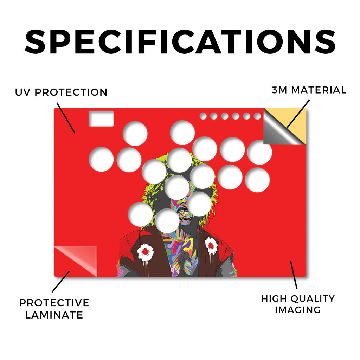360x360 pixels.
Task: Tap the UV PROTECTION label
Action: tap(61, 92)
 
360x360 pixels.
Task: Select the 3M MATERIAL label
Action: tap(309, 90)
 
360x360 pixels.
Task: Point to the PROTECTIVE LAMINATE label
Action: tap(54, 309)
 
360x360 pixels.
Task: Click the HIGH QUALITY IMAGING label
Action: tap(298, 304)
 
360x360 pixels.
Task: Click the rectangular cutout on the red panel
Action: tap(101, 118)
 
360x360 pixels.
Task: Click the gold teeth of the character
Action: tap(186, 213)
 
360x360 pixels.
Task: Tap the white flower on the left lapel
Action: tap(145, 252)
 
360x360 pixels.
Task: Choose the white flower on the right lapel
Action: tap(211, 245)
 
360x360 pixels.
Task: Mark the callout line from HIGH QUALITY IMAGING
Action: tap(294, 275)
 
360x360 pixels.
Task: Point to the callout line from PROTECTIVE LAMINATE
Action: tap(60, 282)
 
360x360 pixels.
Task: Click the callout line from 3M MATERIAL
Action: tap(298, 114)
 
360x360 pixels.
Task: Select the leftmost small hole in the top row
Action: tap(203, 116)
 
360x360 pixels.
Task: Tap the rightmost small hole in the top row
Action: tap(257, 116)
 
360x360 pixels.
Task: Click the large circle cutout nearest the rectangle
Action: tap(135, 134)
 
